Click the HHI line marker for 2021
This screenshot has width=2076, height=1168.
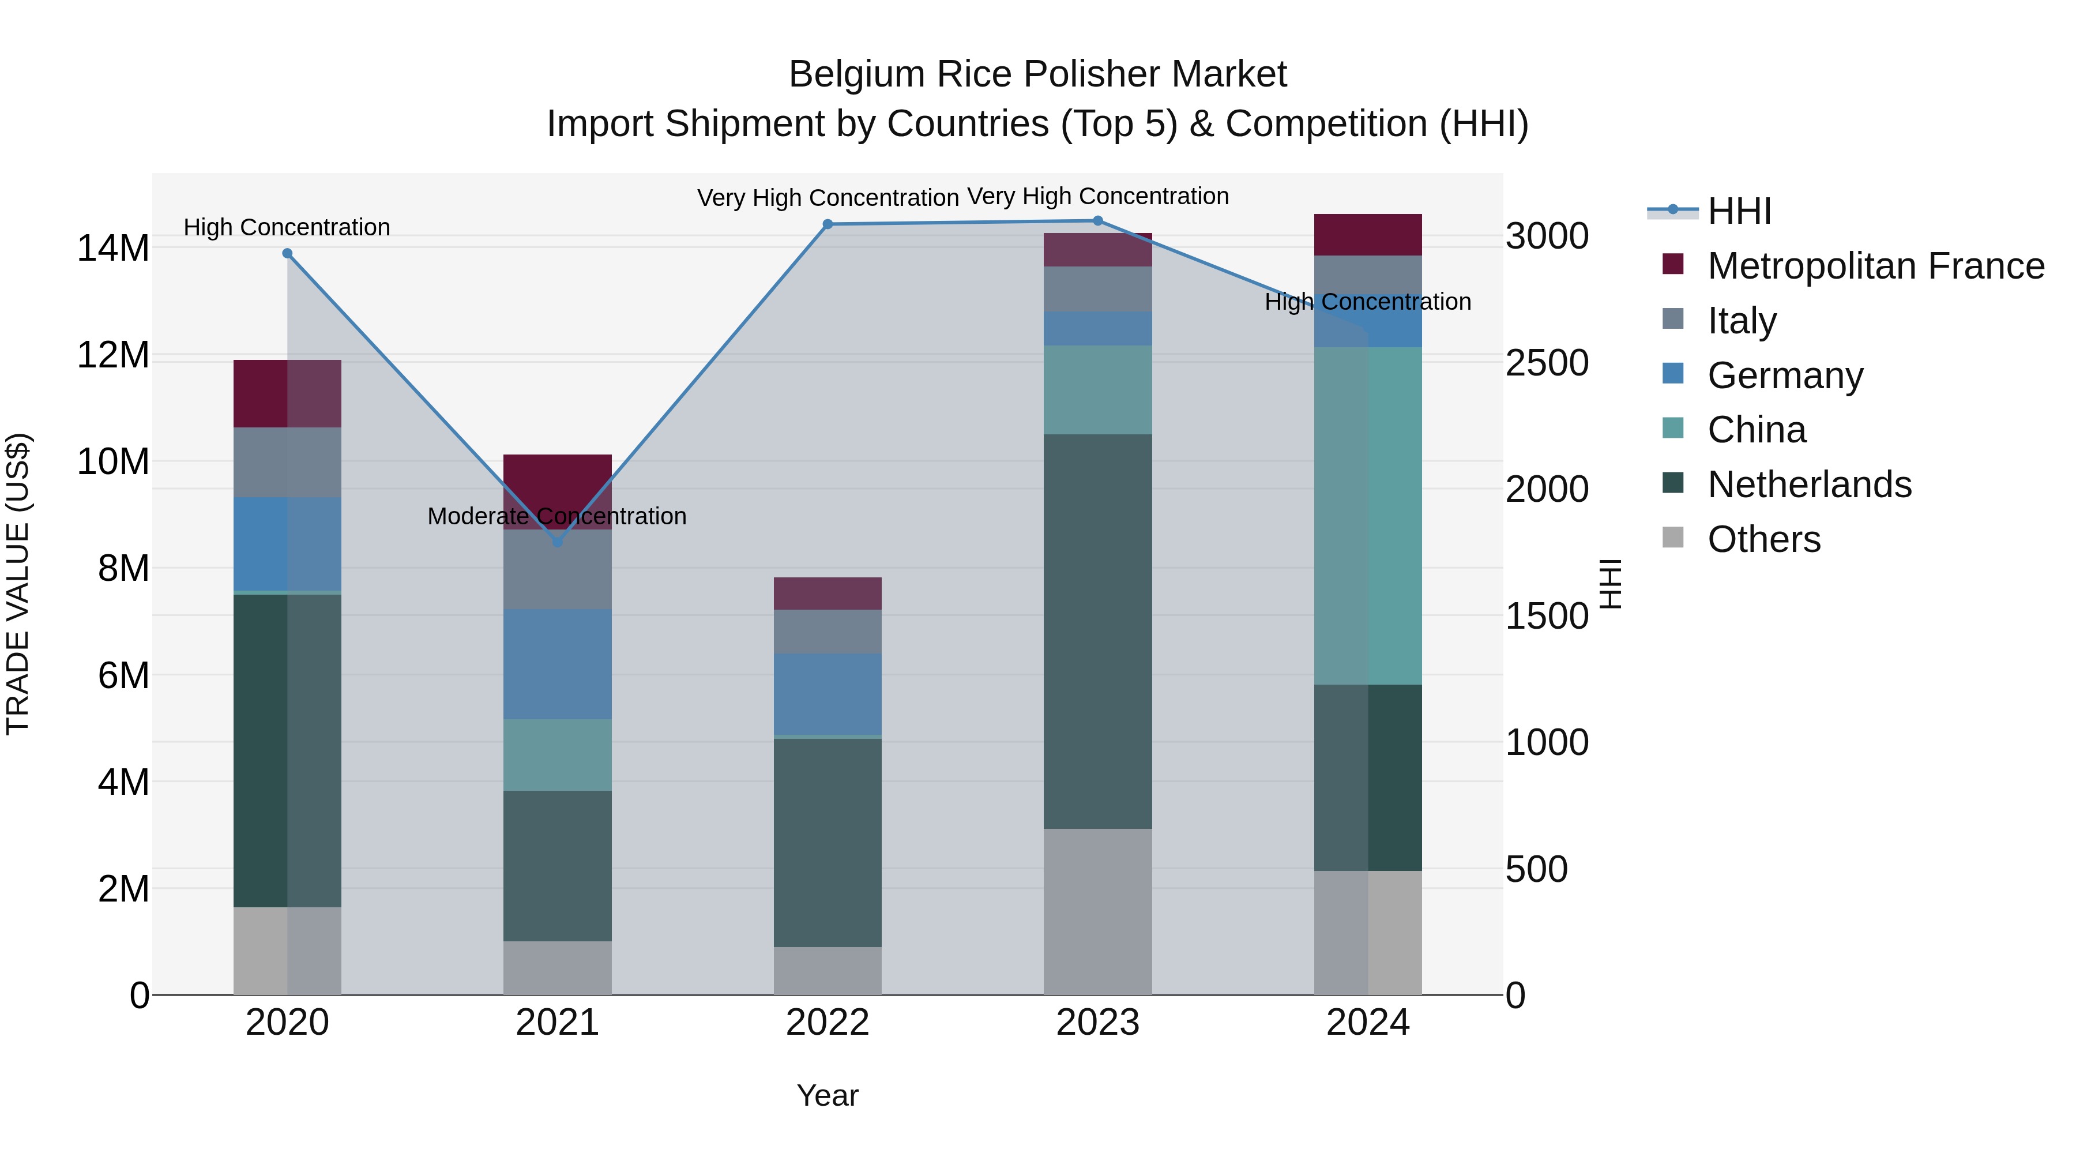(x=557, y=542)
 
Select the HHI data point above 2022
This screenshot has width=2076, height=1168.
(x=828, y=224)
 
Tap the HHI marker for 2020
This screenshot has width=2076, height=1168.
(x=287, y=253)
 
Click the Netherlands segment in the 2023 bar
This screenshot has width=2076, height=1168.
(x=1097, y=631)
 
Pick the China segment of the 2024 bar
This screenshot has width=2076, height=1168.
(x=1368, y=516)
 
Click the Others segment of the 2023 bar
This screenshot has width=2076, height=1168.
(x=1097, y=911)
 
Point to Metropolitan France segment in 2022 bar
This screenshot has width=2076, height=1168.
(x=828, y=594)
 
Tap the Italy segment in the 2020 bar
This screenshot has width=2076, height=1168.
(x=287, y=462)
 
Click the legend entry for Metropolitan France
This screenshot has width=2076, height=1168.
(x=1875, y=266)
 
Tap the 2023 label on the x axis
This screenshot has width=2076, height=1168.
(x=1097, y=1023)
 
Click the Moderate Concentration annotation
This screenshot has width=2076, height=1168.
(x=557, y=516)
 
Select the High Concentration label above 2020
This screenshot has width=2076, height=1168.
(x=287, y=227)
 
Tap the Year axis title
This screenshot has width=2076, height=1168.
(x=828, y=1095)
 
